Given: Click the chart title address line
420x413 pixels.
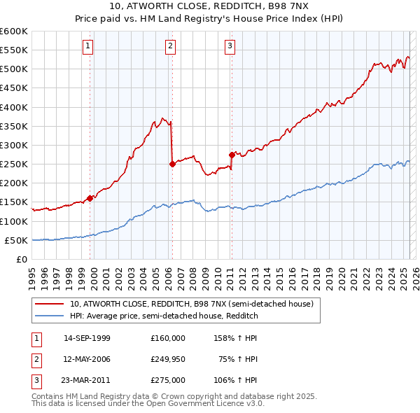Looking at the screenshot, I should (x=209, y=7).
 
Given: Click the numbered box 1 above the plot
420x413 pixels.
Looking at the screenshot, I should (x=88, y=46).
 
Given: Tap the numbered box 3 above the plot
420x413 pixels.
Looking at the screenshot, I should (x=230, y=46).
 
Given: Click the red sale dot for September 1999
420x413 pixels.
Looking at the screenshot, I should (x=90, y=198).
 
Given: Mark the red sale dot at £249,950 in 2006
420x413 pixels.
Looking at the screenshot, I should (x=172, y=164).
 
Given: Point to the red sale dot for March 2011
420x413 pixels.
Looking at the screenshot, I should (x=232, y=155).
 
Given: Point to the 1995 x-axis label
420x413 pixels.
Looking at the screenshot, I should (x=31, y=273).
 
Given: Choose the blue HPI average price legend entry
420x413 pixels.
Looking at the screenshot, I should (x=164, y=316).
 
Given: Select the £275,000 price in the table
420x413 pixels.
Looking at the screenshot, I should (x=167, y=380).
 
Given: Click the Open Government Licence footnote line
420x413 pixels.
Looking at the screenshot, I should (x=148, y=404).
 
